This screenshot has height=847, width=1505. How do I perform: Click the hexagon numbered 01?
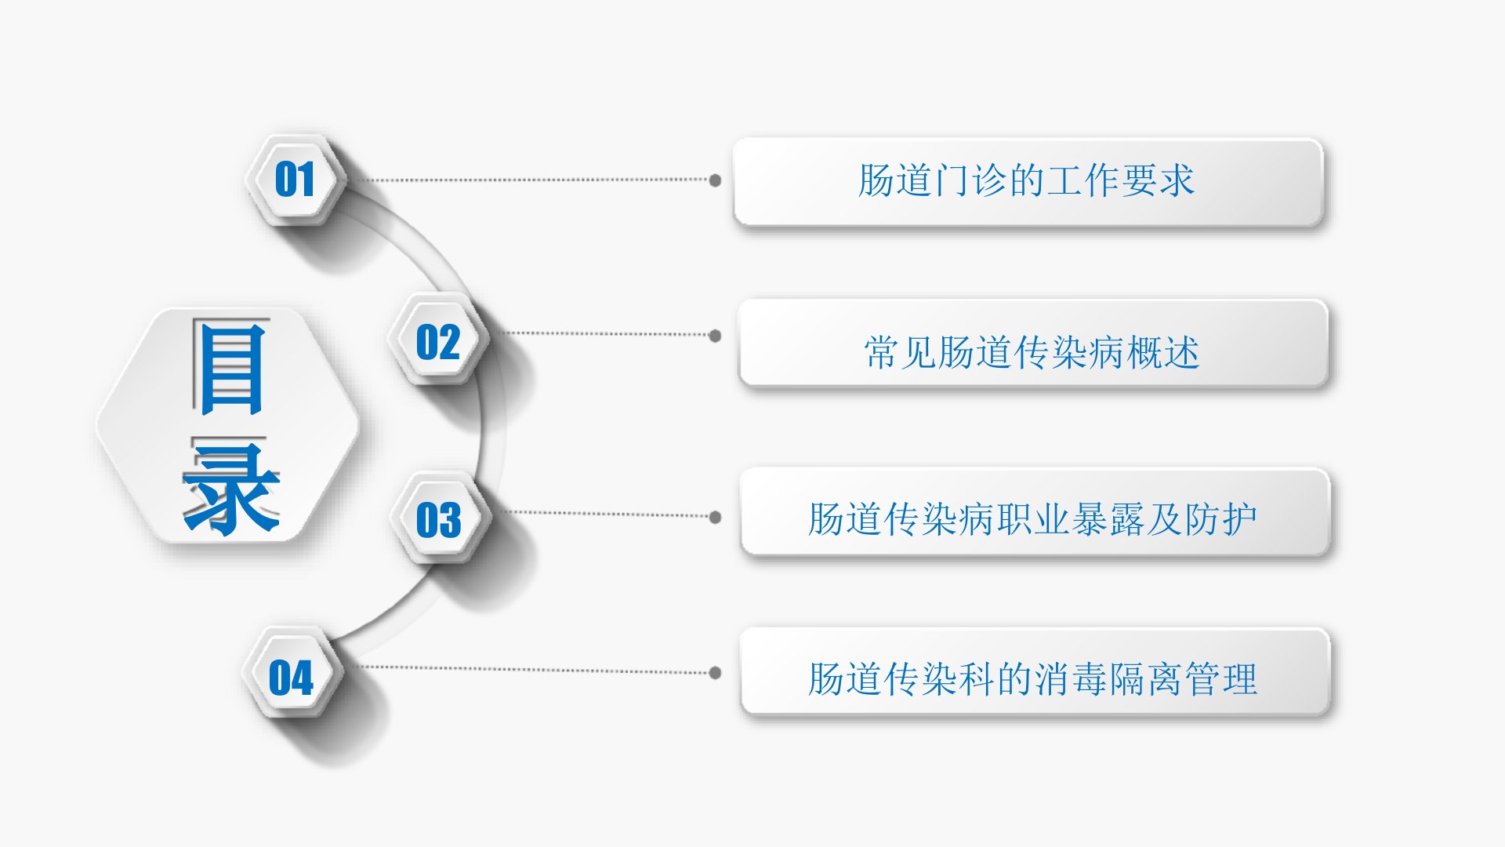point(295,180)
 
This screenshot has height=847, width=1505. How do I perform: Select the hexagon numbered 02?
point(438,342)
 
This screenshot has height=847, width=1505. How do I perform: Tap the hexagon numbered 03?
point(439,520)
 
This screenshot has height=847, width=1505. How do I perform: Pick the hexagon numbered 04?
point(292,677)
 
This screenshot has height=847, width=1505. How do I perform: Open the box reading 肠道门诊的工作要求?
point(1028,182)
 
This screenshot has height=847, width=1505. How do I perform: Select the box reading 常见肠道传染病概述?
point(1032,344)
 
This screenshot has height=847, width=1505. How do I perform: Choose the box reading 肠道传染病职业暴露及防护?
point(1034,513)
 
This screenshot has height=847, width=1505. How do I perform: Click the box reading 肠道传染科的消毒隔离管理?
point(1034,672)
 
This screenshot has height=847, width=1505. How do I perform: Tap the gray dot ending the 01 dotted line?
point(715,180)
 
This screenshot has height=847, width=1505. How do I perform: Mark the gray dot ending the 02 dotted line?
point(715,336)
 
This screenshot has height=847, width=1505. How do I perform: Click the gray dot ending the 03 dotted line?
point(715,517)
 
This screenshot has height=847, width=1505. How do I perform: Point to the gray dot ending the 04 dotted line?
point(715,672)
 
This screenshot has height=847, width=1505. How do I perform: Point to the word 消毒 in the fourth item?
point(1070,679)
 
